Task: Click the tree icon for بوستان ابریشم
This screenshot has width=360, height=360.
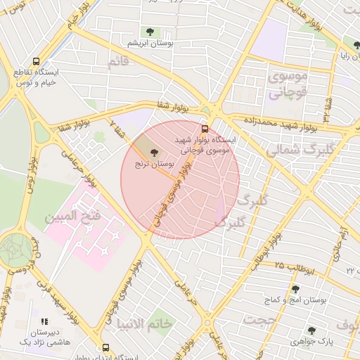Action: coord(149,32)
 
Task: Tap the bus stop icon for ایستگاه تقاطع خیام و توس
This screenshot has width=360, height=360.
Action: coord(36,62)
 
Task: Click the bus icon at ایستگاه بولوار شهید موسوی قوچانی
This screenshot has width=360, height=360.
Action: coord(205,129)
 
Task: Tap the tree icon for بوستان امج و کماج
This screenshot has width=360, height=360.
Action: coord(294,289)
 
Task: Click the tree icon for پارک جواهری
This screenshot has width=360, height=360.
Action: coord(311,330)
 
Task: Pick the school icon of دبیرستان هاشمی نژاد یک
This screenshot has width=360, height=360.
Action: coord(44,321)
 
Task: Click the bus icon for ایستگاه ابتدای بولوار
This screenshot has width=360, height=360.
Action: coord(105,347)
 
